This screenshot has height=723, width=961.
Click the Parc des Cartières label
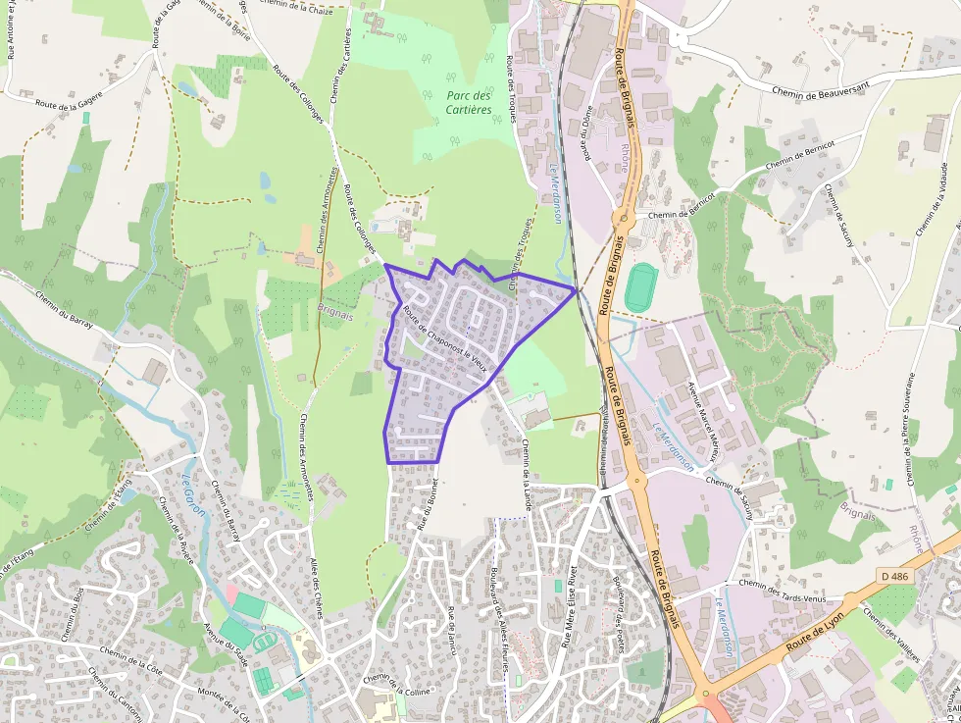point(468,103)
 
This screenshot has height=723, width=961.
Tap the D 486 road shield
point(894,576)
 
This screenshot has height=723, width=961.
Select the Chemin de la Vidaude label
point(933,197)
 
